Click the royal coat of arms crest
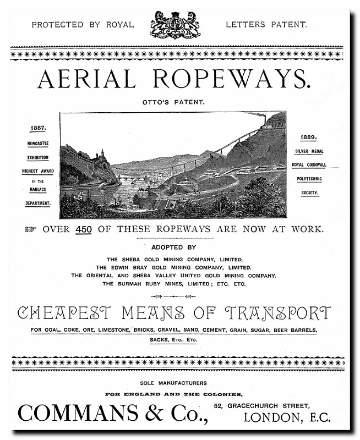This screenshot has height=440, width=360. click(x=175, y=25)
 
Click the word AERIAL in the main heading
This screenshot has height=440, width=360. click(x=86, y=80)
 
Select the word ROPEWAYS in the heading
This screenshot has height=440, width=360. click(x=231, y=80)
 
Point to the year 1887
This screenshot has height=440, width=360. click(x=38, y=128)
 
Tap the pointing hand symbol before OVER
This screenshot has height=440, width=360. click(x=30, y=229)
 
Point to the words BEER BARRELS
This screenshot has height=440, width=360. click(x=292, y=331)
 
